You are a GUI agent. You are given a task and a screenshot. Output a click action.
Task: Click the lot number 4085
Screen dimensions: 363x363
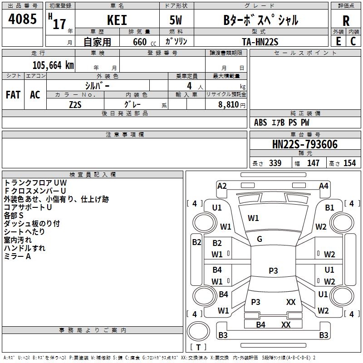point(22,19)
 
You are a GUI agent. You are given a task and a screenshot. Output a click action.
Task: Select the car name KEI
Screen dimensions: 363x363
point(117,20)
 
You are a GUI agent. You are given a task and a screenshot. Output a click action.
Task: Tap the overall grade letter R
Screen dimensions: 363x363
point(346,21)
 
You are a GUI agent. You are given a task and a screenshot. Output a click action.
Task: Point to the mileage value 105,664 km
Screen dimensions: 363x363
point(53,65)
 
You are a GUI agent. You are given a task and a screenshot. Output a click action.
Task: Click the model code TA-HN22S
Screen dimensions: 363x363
point(260,42)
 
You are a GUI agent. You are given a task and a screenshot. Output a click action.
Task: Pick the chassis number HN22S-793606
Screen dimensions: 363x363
point(305,144)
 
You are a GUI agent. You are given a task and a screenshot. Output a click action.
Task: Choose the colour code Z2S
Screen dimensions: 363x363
point(75,105)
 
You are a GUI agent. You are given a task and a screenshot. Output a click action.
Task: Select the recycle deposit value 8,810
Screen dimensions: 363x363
point(229,105)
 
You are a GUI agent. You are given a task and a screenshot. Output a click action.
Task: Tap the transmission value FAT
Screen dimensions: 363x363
point(13,95)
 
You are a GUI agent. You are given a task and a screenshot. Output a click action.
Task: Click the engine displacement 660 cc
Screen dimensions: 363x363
point(144,42)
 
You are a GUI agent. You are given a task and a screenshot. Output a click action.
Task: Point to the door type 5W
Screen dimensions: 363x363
point(176,20)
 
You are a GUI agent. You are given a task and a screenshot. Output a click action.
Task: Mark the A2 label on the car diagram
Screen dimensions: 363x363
point(222,186)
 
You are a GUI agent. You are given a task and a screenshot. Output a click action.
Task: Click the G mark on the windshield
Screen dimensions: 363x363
point(260,239)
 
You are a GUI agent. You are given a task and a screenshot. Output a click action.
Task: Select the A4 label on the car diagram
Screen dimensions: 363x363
point(324,186)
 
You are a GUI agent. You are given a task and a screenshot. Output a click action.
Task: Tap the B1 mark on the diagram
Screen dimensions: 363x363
point(329,208)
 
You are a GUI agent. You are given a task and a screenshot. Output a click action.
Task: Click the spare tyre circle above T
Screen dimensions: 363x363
point(198,331)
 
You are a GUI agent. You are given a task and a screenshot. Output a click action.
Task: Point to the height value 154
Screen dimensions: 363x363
point(349,163)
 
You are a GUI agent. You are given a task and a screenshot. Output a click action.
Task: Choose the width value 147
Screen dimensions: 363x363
point(313,163)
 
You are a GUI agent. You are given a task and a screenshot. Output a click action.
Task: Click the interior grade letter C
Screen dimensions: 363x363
point(353,41)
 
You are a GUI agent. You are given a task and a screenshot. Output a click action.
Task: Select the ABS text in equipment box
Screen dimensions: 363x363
point(260,123)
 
